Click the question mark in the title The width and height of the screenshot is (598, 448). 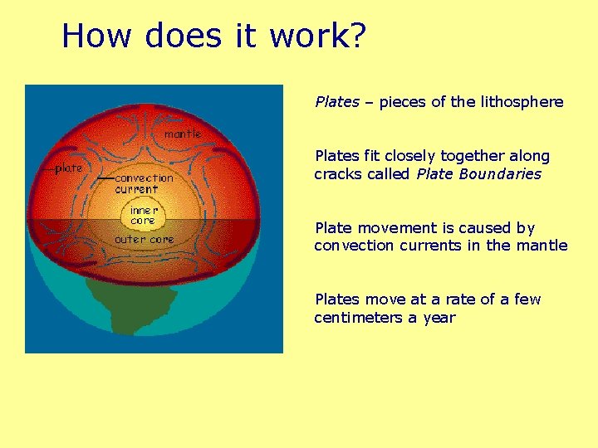(357, 37)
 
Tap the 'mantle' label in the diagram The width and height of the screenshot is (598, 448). (183, 134)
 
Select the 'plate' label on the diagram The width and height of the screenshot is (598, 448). (69, 168)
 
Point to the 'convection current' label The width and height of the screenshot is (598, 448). (144, 183)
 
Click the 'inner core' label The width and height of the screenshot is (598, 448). (143, 216)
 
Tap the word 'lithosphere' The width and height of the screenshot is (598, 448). (522, 102)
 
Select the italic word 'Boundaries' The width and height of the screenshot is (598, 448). (506, 174)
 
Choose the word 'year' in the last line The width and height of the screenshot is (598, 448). (439, 318)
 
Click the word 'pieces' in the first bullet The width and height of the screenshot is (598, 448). (403, 102)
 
